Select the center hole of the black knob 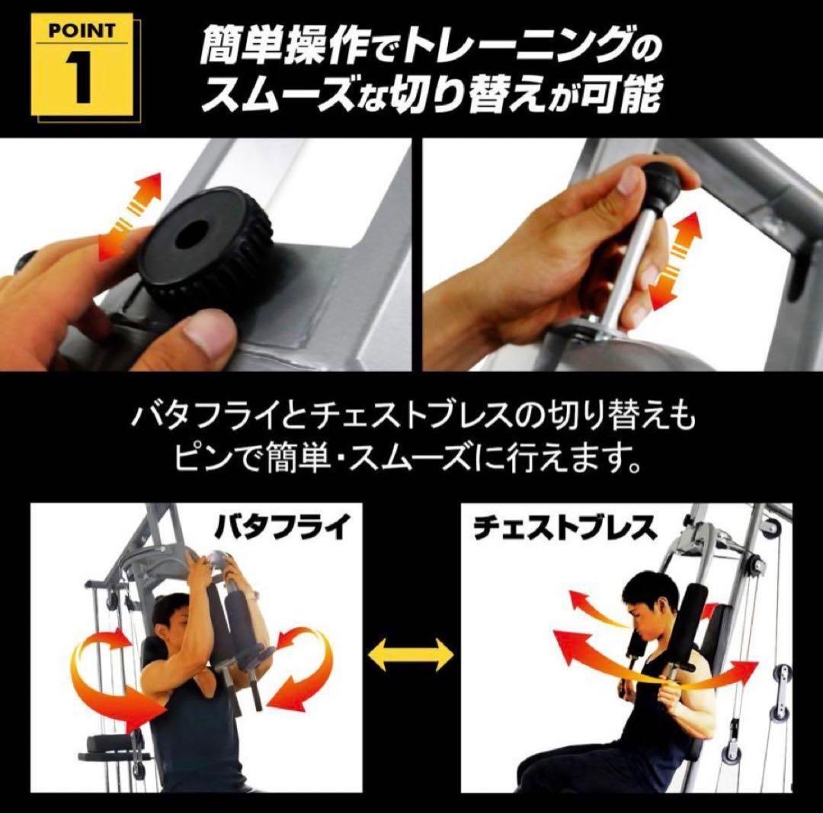point(190,233)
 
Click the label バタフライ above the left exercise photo point(279,527)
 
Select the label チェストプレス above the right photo point(563,527)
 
